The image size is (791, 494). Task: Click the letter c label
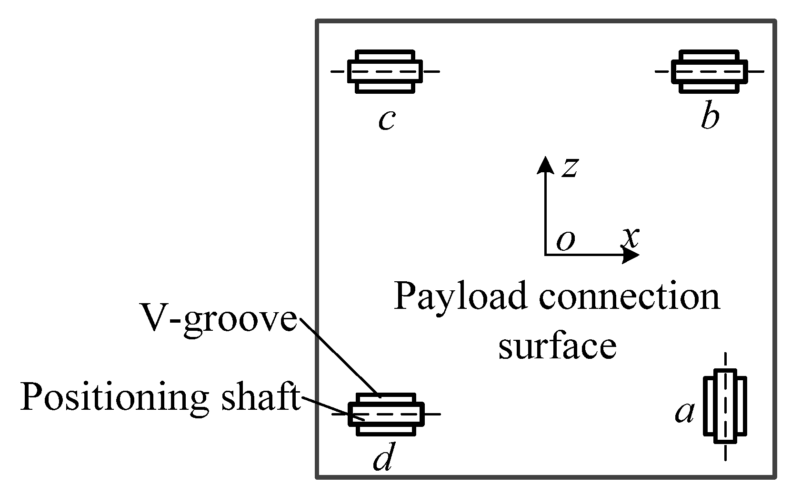click(386, 120)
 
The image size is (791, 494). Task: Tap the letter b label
click(710, 119)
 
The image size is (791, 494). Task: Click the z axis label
click(570, 168)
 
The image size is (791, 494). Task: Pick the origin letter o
click(566, 241)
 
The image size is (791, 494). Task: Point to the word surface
click(557, 346)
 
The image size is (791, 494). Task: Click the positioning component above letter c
click(385, 71)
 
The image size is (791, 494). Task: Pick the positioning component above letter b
click(709, 71)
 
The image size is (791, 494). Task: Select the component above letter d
click(386, 414)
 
